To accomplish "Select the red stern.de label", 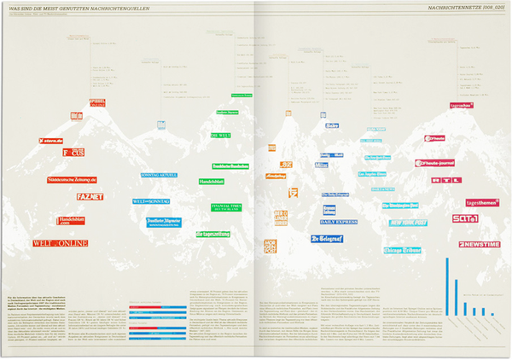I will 52,142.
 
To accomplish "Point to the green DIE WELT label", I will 221,135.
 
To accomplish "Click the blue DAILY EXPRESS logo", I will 339,222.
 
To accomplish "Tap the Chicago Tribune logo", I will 409,249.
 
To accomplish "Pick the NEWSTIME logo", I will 478,244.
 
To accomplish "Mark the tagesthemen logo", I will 483,203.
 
